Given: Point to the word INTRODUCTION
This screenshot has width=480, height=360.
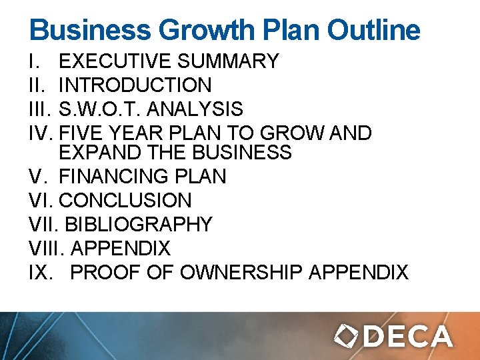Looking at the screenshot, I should [135, 85].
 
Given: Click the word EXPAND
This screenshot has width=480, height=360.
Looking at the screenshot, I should [91, 152].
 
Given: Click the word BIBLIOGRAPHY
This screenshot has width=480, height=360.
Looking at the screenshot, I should [139, 224].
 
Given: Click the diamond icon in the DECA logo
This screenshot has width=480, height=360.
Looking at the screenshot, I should [346, 336].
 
